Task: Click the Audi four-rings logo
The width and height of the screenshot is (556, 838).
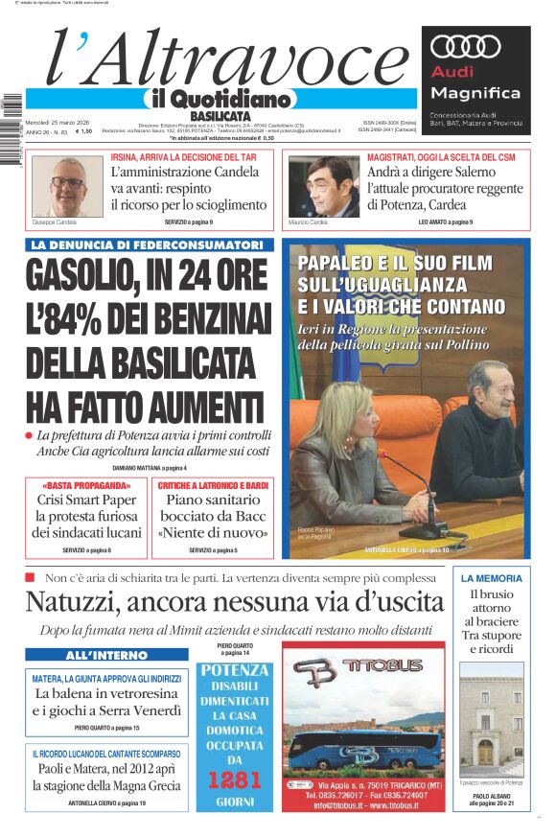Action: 466,47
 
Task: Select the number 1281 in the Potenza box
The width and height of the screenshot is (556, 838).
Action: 234,779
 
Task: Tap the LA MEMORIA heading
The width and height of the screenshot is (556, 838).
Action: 491,578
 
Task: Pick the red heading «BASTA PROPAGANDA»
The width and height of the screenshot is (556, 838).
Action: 87,485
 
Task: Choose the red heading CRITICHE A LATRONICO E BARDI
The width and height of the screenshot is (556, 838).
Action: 213,485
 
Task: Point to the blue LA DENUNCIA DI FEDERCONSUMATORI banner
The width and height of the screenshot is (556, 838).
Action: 148,244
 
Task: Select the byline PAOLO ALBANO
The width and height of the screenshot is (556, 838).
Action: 491,795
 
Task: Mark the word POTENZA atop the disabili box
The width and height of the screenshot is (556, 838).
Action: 234,670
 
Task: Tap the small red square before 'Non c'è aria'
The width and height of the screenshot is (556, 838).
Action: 30,577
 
